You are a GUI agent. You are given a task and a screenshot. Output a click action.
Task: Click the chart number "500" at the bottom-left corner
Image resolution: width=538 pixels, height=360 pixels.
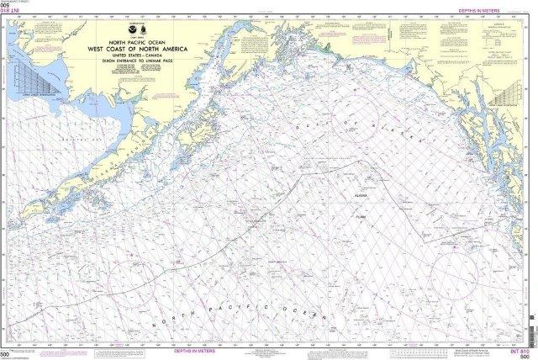[x=6, y=354]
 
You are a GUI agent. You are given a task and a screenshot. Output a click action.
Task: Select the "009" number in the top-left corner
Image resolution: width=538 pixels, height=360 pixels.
[x=6, y=4]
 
